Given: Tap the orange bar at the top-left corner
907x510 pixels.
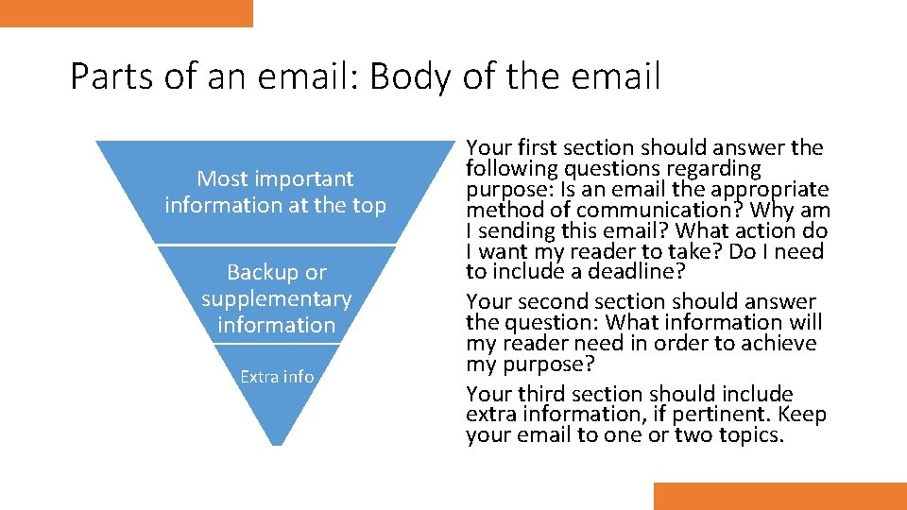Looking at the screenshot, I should (x=127, y=13).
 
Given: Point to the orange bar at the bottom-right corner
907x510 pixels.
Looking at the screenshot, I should (x=779, y=496).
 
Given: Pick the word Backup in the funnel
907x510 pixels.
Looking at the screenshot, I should (x=261, y=272).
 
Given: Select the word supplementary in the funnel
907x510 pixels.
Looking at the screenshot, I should (x=276, y=298).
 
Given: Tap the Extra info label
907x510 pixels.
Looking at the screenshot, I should (x=277, y=376).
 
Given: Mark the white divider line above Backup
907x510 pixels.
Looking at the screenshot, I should (x=276, y=246).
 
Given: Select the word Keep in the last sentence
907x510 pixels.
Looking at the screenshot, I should (x=803, y=415).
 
